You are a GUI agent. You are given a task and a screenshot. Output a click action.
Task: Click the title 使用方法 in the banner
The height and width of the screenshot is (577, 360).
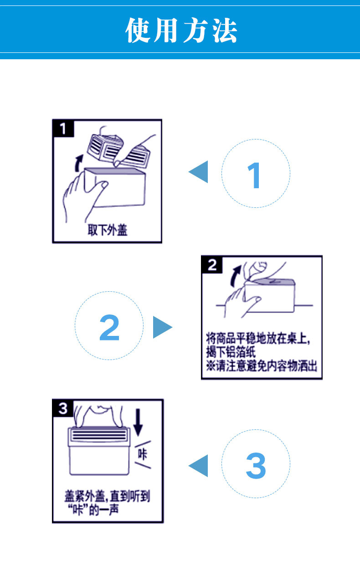(181, 31)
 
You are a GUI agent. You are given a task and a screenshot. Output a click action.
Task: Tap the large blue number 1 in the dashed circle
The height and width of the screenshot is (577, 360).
(254, 175)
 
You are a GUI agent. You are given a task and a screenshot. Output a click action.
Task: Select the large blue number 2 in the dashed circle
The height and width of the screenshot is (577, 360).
(109, 327)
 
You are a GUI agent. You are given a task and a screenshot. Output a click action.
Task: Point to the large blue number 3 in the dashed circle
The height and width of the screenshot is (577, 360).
(256, 466)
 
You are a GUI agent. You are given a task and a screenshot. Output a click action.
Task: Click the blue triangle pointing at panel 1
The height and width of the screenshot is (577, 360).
(198, 172)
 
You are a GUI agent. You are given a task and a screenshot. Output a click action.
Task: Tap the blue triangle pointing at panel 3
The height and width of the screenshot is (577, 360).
(198, 466)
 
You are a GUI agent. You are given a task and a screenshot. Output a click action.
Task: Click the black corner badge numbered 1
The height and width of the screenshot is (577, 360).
(63, 128)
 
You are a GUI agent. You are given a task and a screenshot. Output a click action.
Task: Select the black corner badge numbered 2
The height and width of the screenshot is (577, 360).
(212, 264)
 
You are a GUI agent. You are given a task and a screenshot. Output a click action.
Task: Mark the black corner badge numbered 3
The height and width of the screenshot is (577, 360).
(63, 408)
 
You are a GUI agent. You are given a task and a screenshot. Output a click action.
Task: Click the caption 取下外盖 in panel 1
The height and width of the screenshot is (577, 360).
(108, 230)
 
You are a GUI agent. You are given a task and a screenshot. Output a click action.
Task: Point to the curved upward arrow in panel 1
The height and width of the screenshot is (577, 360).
(78, 163)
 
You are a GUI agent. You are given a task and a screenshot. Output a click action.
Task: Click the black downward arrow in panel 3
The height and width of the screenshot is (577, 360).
(138, 422)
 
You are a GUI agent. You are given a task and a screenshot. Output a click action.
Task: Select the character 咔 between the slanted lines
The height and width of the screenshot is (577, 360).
(142, 454)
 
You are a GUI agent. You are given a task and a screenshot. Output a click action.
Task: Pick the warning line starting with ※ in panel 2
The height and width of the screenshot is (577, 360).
(262, 366)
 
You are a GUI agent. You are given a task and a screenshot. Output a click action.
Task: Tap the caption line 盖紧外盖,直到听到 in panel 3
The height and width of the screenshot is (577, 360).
(107, 496)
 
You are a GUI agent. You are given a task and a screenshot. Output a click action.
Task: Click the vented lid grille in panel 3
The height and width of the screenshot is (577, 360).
(99, 434)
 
